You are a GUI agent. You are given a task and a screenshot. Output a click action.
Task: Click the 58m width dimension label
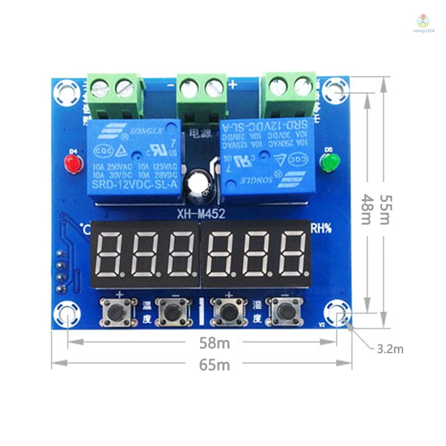point(214,343)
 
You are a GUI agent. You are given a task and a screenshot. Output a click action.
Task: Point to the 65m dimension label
point(214,365)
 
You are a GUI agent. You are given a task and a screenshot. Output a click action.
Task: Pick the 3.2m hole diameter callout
point(390,349)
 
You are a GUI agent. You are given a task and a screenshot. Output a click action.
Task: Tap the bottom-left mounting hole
point(66,314)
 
